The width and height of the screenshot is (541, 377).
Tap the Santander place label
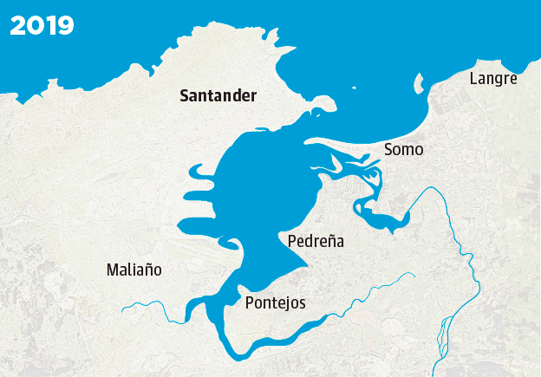point(218,96)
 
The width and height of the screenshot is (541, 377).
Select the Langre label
point(492,79)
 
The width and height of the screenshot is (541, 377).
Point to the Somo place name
point(403,150)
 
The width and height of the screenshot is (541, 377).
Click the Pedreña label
point(315,241)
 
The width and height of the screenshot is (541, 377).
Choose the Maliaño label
point(134,270)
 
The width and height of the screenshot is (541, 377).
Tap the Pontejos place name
point(275,302)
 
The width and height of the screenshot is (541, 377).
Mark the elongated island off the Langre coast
point(418,84)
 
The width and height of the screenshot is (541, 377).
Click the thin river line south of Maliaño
point(143,303)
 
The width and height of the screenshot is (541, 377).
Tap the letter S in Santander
point(185,96)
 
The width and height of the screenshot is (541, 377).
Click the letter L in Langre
point(473,79)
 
